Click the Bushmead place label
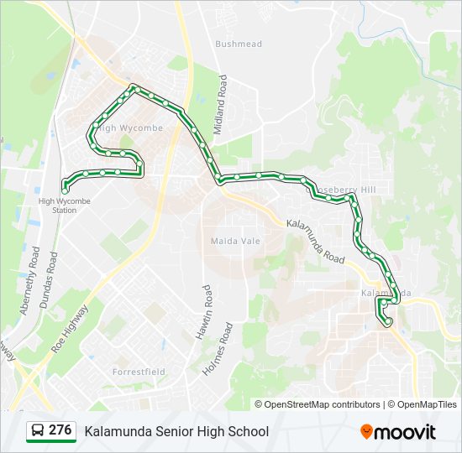point(239,44)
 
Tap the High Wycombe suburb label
point(130,128)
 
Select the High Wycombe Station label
point(64,206)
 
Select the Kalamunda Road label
point(315,242)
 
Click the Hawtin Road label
point(203,311)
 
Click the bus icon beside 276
point(38,431)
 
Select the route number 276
point(60,430)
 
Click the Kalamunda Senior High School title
point(176,431)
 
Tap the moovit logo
point(398,431)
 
